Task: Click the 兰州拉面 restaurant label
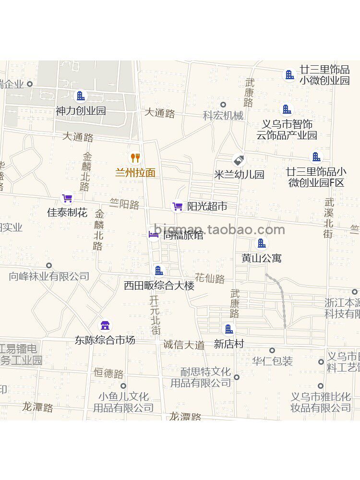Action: coord(135,173)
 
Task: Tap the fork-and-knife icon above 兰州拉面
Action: coord(135,157)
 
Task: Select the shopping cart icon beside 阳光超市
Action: coord(178,206)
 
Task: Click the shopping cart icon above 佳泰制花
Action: coord(67,198)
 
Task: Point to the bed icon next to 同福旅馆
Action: coord(154,234)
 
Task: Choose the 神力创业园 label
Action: coord(81,111)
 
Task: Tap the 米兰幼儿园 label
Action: coord(239,175)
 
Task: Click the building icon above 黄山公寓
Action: coord(262,243)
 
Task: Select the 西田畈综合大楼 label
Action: coord(159,286)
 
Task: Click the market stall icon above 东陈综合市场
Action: coord(105,326)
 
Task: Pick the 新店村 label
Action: coord(229,344)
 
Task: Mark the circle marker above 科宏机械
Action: coord(223,105)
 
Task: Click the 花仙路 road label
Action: coord(210,278)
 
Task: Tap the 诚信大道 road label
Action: coord(184,344)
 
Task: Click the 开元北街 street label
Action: coord(155,314)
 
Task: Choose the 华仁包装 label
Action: coord(273,361)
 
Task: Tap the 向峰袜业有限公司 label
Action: coord(49,276)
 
